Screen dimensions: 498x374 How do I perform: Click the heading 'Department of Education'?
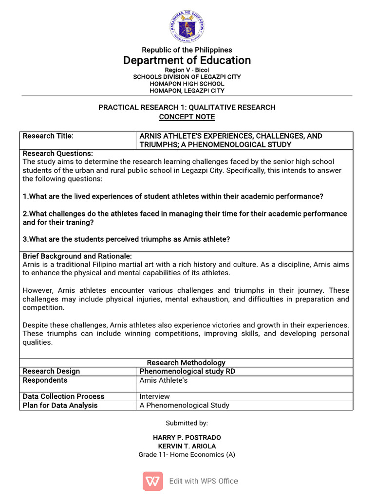pyautogui.click(x=187, y=60)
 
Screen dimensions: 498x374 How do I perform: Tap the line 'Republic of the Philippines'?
pyautogui.click(x=187, y=50)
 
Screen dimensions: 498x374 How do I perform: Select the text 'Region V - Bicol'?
pyautogui.click(x=187, y=71)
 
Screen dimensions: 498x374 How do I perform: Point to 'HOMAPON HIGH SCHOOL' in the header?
pyautogui.click(x=187, y=84)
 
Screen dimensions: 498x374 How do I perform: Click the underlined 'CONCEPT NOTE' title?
pyautogui.click(x=187, y=117)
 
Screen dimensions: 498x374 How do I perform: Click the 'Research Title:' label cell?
pyautogui.click(x=48, y=136)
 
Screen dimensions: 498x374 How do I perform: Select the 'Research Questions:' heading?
pyautogui.click(x=58, y=154)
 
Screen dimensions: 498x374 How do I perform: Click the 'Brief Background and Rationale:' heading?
pyautogui.click(x=77, y=256)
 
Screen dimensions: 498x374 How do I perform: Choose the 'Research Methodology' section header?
pyautogui.click(x=186, y=363)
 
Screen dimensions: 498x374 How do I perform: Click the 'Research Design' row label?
pyautogui.click(x=51, y=372)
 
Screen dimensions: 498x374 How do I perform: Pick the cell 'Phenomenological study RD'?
pyautogui.click(x=187, y=372)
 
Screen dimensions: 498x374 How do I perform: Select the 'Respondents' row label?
pyautogui.click(x=45, y=380)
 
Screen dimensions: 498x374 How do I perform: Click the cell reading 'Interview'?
pyautogui.click(x=155, y=396)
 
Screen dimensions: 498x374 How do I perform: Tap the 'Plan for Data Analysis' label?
pyautogui.click(x=60, y=406)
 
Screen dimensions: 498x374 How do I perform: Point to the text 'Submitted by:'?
pyautogui.click(x=187, y=424)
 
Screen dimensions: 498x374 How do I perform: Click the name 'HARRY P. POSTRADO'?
pyautogui.click(x=187, y=438)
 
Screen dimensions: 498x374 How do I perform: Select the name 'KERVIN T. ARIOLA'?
pyautogui.click(x=187, y=446)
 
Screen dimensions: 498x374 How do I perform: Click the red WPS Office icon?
pyautogui.click(x=153, y=481)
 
